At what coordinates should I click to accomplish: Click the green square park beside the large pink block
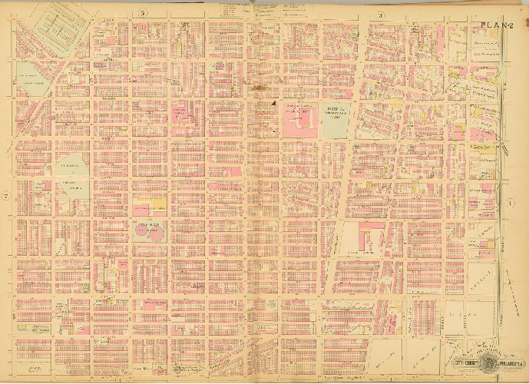pos(335,120)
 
